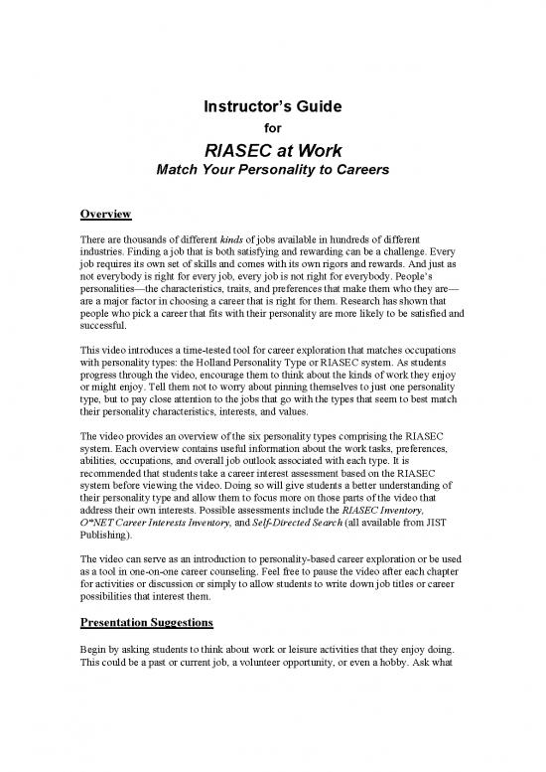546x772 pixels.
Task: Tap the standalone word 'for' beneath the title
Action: [x=272, y=126]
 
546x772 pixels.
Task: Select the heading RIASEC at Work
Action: [x=272, y=150]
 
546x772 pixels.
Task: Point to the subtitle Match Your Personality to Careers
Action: [x=272, y=171]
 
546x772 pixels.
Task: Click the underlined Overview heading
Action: [x=107, y=214]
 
